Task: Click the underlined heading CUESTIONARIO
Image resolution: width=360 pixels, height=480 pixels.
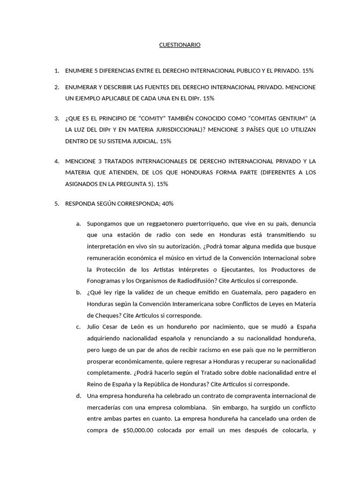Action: coord(180,45)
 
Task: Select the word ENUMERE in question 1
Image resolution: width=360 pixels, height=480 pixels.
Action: coord(80,71)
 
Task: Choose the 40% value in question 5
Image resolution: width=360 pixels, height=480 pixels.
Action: coord(167,204)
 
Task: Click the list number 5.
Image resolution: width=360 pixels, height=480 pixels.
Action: coord(56,204)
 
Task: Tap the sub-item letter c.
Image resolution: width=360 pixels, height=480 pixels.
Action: coord(78,327)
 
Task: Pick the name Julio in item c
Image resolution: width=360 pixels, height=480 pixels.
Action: coord(94,327)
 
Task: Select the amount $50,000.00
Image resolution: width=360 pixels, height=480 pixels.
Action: coord(134,430)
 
